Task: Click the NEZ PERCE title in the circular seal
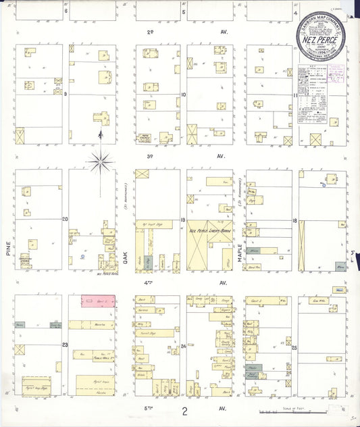pyautogui.click(x=320, y=40)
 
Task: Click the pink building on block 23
pyautogui.click(x=97, y=300)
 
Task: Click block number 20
pyautogui.click(x=66, y=219)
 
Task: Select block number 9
pyautogui.click(x=66, y=95)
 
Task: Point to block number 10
pyautogui.click(x=184, y=95)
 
